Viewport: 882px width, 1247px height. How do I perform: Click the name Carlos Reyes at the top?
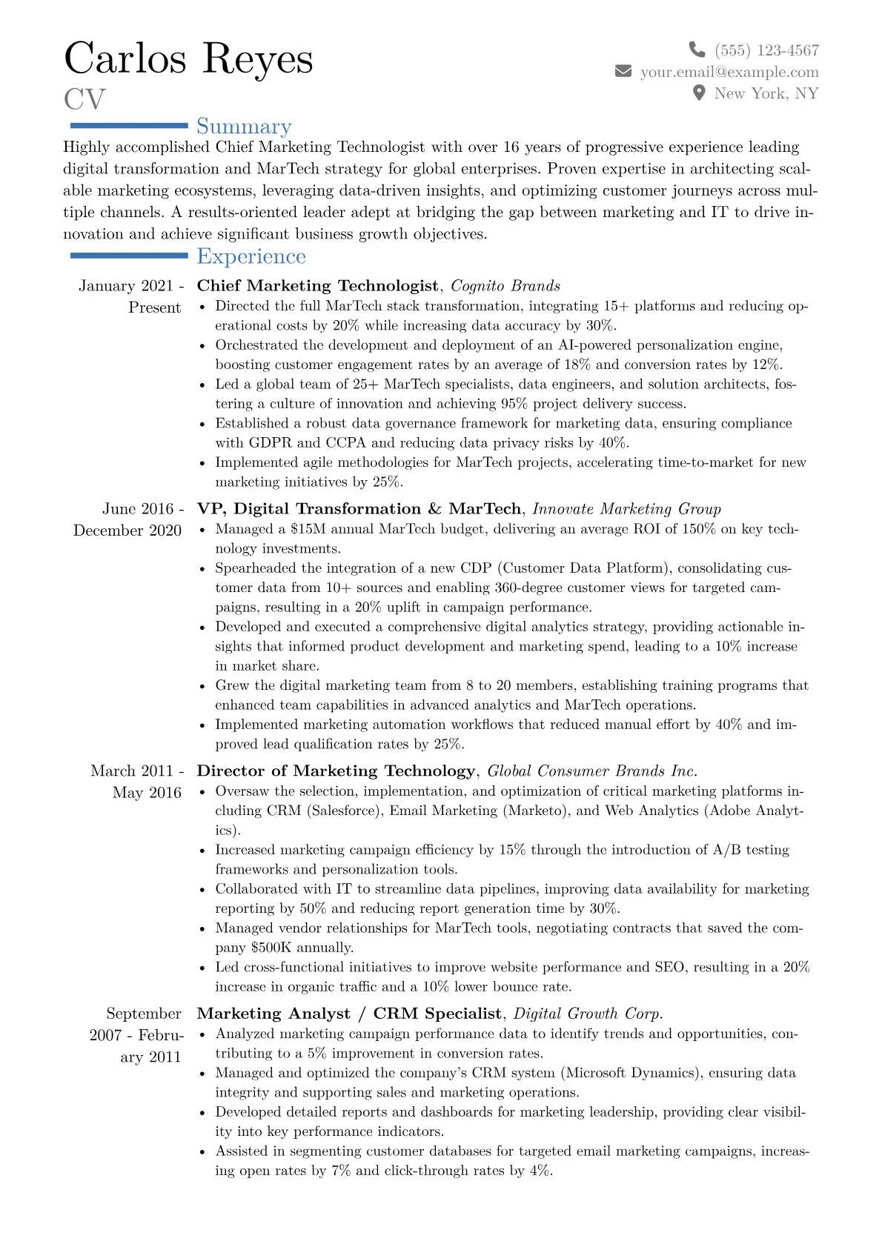click(188, 59)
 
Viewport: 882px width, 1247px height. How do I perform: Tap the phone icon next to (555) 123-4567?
click(697, 50)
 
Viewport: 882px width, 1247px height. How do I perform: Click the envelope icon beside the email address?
click(623, 71)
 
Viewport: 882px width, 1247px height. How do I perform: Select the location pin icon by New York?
click(698, 93)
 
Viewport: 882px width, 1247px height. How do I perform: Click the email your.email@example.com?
click(729, 72)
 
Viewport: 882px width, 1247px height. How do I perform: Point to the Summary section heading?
click(244, 127)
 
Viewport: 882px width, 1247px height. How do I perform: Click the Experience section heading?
click(251, 256)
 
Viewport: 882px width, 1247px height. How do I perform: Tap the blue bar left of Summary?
click(128, 126)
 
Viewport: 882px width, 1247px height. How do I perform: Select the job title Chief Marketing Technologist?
click(317, 286)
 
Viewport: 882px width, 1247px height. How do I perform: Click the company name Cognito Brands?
click(505, 286)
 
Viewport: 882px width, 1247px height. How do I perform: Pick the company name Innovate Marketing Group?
click(626, 509)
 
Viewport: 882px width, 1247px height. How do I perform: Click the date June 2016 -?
click(143, 509)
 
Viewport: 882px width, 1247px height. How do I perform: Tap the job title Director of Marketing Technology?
click(336, 771)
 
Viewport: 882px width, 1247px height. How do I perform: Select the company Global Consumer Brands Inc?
click(592, 771)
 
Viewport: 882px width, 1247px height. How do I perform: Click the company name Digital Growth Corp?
click(588, 1014)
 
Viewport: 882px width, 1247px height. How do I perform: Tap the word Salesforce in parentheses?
click(345, 811)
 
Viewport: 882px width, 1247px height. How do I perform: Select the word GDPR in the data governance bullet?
click(270, 443)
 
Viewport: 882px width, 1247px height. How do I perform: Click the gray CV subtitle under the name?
click(85, 99)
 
